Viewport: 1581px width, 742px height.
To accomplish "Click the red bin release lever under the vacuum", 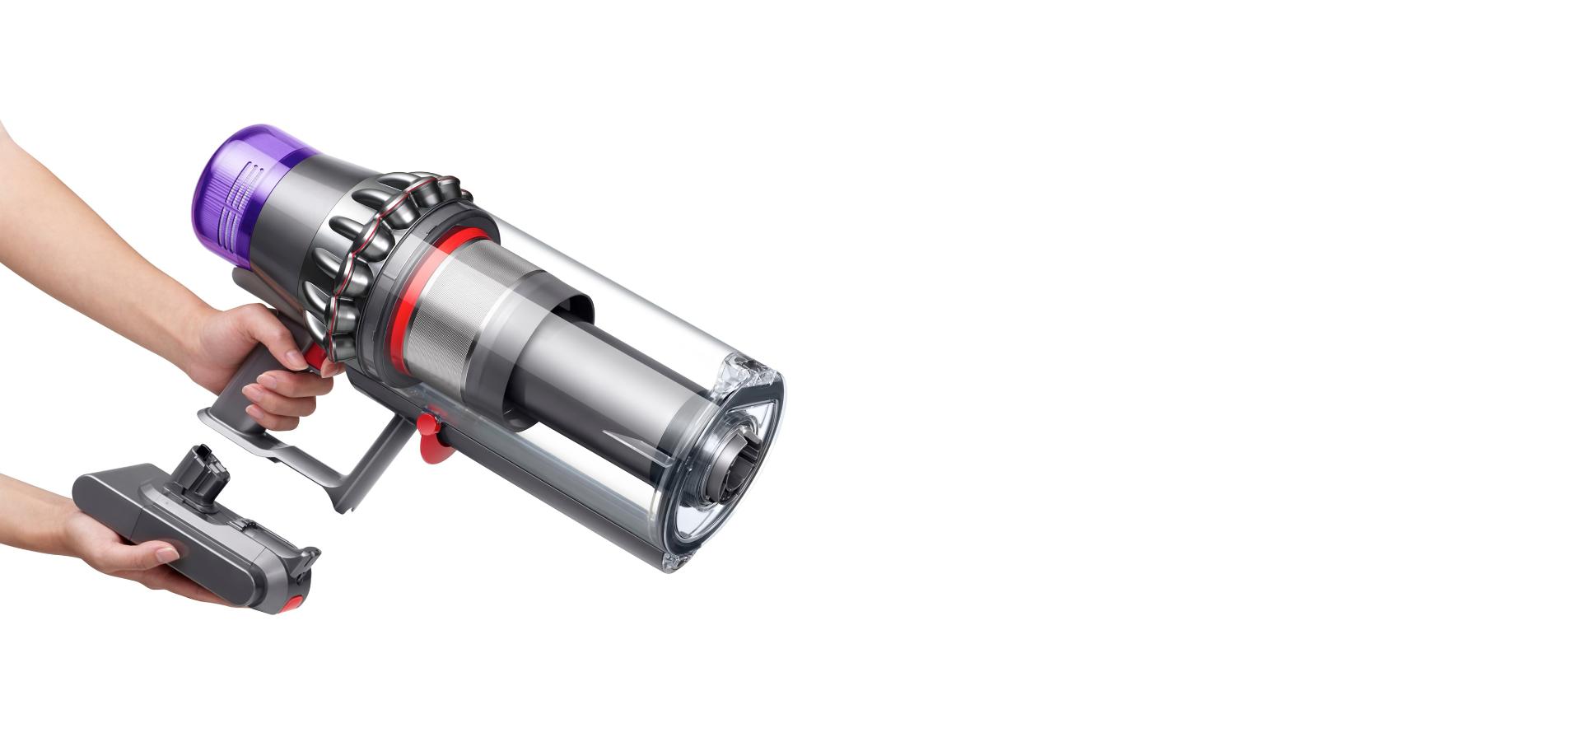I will [x=431, y=437].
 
